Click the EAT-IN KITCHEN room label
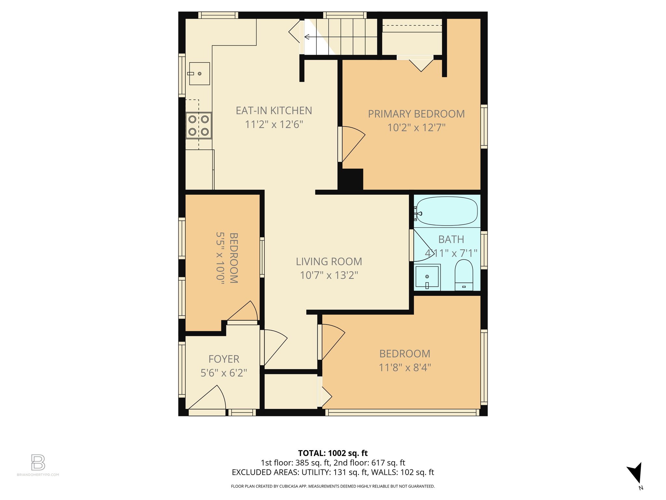[x=274, y=111]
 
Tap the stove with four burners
[x=198, y=126]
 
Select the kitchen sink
[x=199, y=74]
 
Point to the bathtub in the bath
[x=447, y=211]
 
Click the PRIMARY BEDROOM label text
[x=416, y=114]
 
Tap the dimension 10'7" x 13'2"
[x=329, y=275]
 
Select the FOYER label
[x=224, y=359]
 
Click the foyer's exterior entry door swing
[x=208, y=399]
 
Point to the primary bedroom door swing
[x=352, y=143]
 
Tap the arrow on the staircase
[x=307, y=37]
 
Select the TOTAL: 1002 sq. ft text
[x=333, y=453]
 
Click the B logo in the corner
[x=38, y=462]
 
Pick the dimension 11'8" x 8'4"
[x=405, y=368]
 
